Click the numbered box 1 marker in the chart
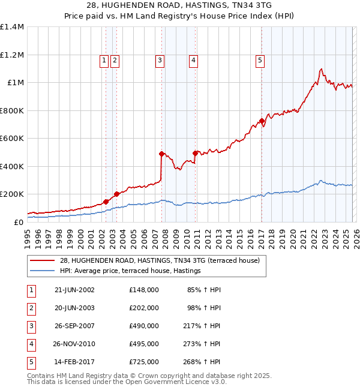tap(104, 60)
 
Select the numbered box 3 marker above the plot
tap(160, 60)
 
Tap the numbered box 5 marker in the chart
tap(260, 60)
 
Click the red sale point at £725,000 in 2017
tap(262, 121)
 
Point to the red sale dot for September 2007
tap(162, 154)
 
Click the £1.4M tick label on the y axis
tap(12, 27)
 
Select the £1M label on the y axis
tap(16, 83)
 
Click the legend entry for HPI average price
tap(130, 271)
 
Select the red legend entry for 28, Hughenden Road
tap(159, 260)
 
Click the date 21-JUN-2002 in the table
tap(74, 290)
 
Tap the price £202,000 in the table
tap(143, 308)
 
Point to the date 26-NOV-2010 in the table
tap(74, 344)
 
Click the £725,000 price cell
tap(143, 362)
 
